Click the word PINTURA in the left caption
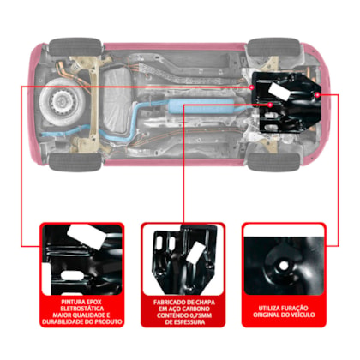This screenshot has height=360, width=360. pyautogui.click(x=72, y=302)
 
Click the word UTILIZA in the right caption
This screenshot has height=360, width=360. pyautogui.click(x=269, y=309)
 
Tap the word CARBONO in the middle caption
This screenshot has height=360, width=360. pyautogui.click(x=195, y=309)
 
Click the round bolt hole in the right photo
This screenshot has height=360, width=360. pyautogui.click(x=284, y=266)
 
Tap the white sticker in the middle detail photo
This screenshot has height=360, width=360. pyautogui.click(x=195, y=253)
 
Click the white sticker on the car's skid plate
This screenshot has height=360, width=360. pyautogui.click(x=279, y=92)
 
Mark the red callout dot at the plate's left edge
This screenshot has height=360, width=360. pyautogui.click(x=252, y=87)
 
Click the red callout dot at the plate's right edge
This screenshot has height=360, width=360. pyautogui.click(x=317, y=94)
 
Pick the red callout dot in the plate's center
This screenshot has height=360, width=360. pyautogui.click(x=270, y=105)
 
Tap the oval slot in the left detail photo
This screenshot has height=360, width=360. pyautogui.click(x=72, y=276)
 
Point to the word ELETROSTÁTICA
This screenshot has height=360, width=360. pyautogui.click(x=82, y=309)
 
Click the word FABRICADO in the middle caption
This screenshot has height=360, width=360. pyautogui.click(x=167, y=303)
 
